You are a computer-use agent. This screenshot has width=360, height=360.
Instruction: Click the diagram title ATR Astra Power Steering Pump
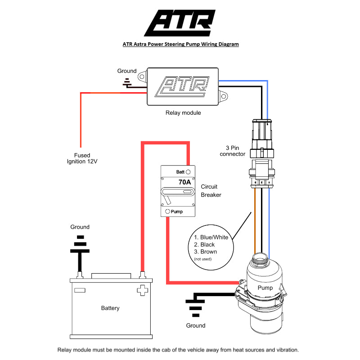pos(180,44)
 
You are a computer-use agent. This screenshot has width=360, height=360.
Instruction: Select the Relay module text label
pos(183,113)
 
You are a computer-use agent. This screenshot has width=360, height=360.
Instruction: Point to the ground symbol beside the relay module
pos(127,82)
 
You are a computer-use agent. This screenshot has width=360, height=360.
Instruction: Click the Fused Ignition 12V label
pos(82,158)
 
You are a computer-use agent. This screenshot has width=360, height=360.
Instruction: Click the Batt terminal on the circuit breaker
pos(188,172)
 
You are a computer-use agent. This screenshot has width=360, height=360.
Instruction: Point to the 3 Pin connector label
pos(232,151)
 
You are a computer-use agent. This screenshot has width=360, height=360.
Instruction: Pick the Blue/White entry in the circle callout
pos(211,237)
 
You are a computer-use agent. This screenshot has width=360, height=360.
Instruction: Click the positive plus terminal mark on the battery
pos(142,290)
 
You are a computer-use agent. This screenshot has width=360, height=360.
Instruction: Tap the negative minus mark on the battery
pos(80,290)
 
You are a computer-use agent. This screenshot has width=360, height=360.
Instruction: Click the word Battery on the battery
pos(110,308)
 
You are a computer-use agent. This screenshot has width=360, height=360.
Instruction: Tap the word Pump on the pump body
pos(265,288)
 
